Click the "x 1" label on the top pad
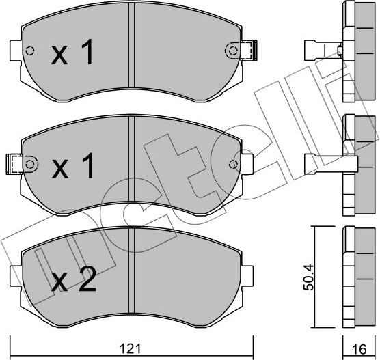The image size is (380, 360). click(72, 54)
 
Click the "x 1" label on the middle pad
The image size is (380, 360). click(72, 166)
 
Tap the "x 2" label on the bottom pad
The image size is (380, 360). click(72, 280)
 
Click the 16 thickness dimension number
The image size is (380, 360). click(358, 347)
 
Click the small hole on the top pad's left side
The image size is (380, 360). click(29, 51)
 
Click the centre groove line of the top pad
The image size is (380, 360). click(132, 48)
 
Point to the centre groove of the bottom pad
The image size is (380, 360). click(132, 273)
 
